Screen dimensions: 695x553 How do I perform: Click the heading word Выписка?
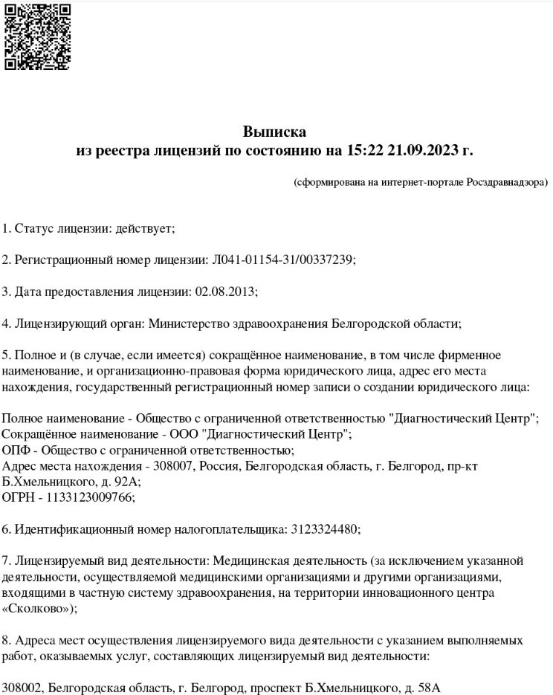pos(274,132)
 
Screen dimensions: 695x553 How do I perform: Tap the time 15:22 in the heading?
pos(363,151)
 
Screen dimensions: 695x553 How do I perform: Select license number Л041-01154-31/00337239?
pos(284,259)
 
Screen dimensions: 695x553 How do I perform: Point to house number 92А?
pos(123,482)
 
